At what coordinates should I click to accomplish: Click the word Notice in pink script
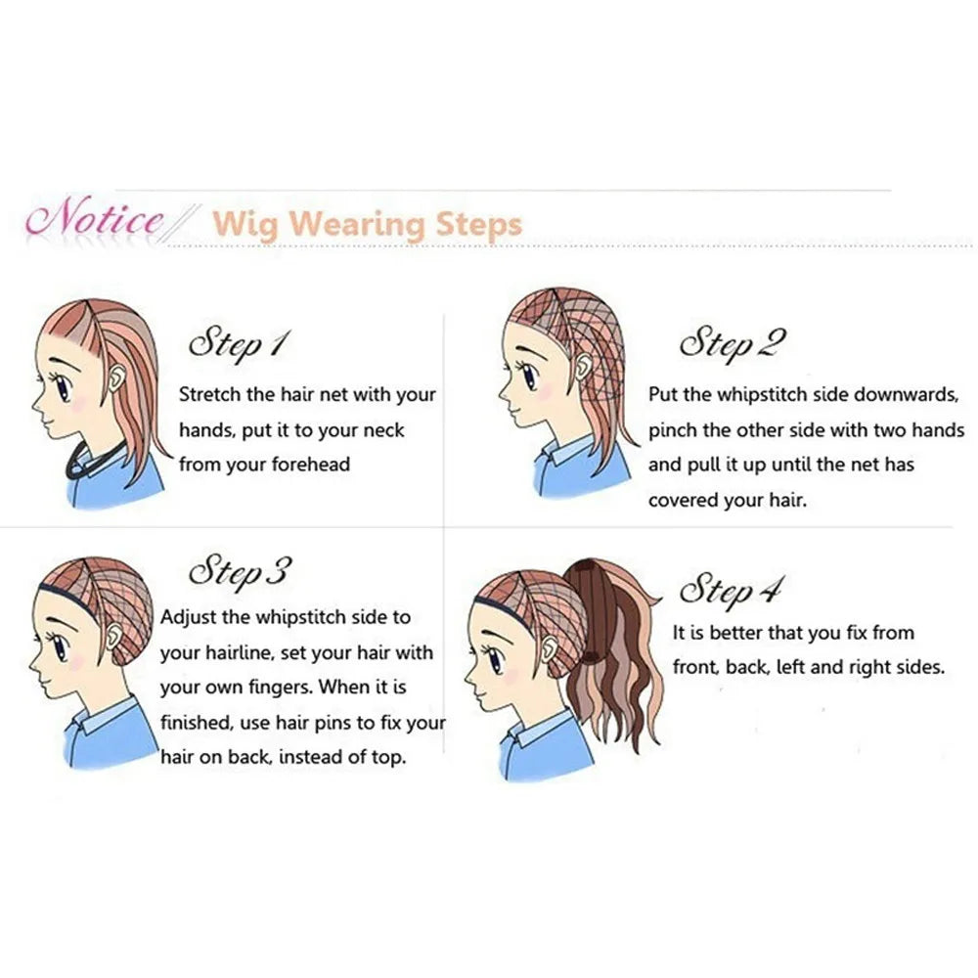pyautogui.click(x=95, y=217)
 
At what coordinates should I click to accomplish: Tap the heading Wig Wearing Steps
pyautogui.click(x=368, y=224)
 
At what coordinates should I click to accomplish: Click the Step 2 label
pyautogui.click(x=733, y=342)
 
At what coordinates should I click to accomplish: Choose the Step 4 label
pyautogui.click(x=732, y=590)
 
